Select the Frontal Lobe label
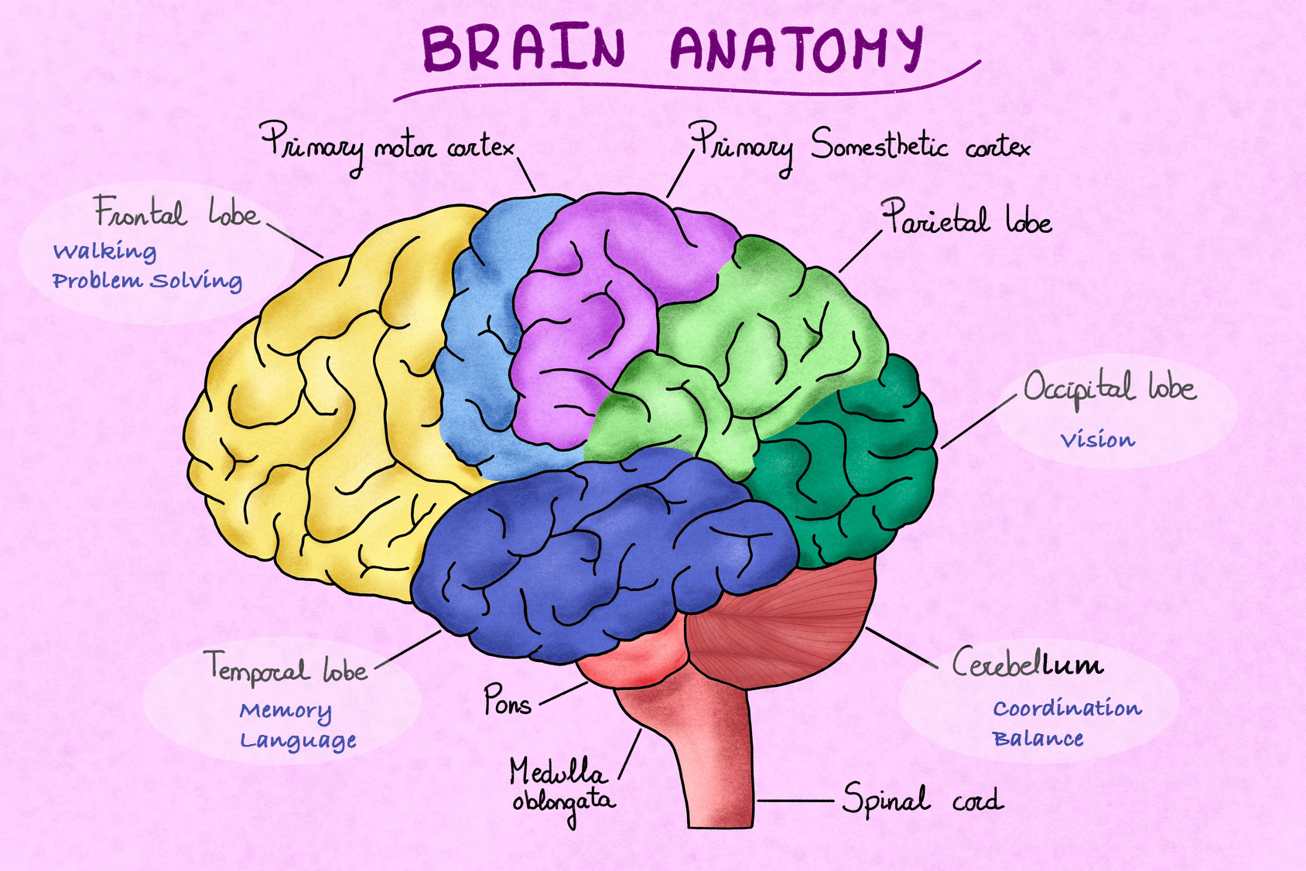click(x=176, y=211)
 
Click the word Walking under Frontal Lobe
click(x=105, y=251)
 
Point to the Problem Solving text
click(x=148, y=281)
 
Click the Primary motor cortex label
click(x=388, y=147)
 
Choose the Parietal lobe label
click(x=966, y=217)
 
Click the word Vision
click(x=1097, y=440)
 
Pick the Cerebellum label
click(x=1027, y=663)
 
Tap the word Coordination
click(x=1068, y=709)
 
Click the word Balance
click(x=1038, y=739)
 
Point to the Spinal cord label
click(x=923, y=799)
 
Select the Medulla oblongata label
click(x=562, y=789)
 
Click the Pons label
click(x=508, y=700)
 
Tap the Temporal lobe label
click(x=286, y=668)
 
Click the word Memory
click(x=285, y=711)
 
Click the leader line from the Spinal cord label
click(x=795, y=801)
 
